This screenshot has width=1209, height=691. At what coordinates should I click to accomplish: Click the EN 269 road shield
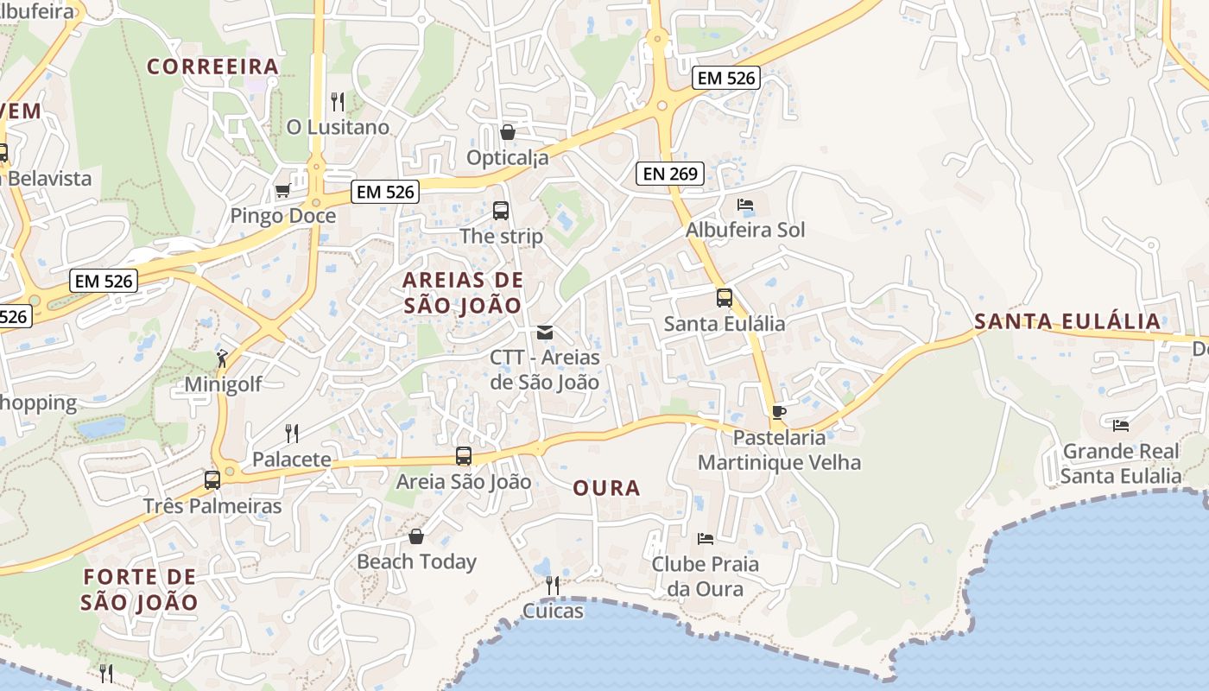[670, 174]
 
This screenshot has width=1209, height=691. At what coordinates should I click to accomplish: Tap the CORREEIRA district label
[212, 67]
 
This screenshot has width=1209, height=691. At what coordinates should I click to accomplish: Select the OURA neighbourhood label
[606, 488]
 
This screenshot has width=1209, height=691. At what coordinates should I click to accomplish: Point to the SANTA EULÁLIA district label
[1067, 322]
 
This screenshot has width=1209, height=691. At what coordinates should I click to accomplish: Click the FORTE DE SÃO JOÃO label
[139, 589]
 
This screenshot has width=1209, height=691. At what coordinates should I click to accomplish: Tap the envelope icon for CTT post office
[544, 333]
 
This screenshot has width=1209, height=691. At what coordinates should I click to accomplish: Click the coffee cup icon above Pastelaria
[779, 412]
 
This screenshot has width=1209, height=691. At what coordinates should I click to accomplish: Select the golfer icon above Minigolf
[222, 358]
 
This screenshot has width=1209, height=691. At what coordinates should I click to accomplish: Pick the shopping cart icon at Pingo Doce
[282, 190]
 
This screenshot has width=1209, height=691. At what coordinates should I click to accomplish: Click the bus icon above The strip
[501, 210]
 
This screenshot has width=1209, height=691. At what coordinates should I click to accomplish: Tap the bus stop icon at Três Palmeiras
[212, 479]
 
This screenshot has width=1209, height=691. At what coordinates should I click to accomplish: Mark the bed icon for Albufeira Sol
[745, 205]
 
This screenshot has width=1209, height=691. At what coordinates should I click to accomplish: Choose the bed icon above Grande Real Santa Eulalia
[1121, 425]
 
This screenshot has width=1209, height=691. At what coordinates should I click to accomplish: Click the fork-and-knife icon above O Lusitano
[338, 102]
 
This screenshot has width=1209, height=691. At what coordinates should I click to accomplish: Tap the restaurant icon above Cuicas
[553, 586]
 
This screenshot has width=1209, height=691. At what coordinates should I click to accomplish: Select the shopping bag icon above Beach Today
[416, 536]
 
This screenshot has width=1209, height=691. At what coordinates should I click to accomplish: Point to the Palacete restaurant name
[291, 460]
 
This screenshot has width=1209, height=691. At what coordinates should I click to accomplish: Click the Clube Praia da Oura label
[706, 576]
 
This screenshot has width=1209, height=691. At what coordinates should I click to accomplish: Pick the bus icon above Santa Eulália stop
[725, 298]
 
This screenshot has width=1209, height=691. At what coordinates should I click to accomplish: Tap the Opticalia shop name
[508, 158]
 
